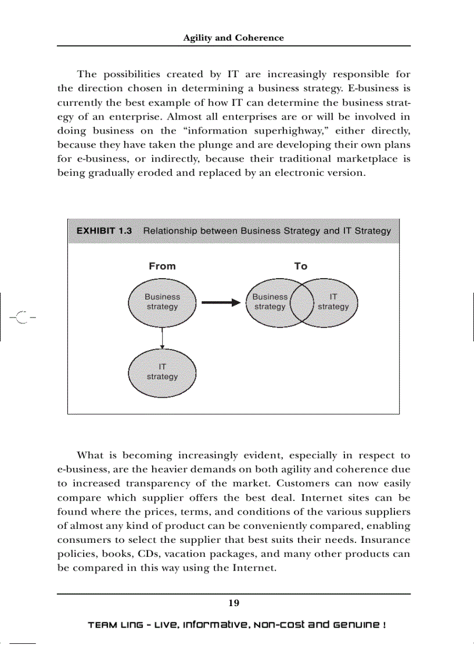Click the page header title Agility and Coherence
pos(234,38)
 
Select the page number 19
pos(234,603)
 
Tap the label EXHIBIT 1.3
pos(104,230)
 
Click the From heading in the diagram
pos(162,266)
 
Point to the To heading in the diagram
pos(300,266)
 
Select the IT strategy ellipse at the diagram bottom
pos(162,372)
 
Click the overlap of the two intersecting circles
pos(301,302)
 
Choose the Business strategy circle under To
pos(268,302)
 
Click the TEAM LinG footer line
pos(236,625)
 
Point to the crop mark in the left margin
pos(21,317)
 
